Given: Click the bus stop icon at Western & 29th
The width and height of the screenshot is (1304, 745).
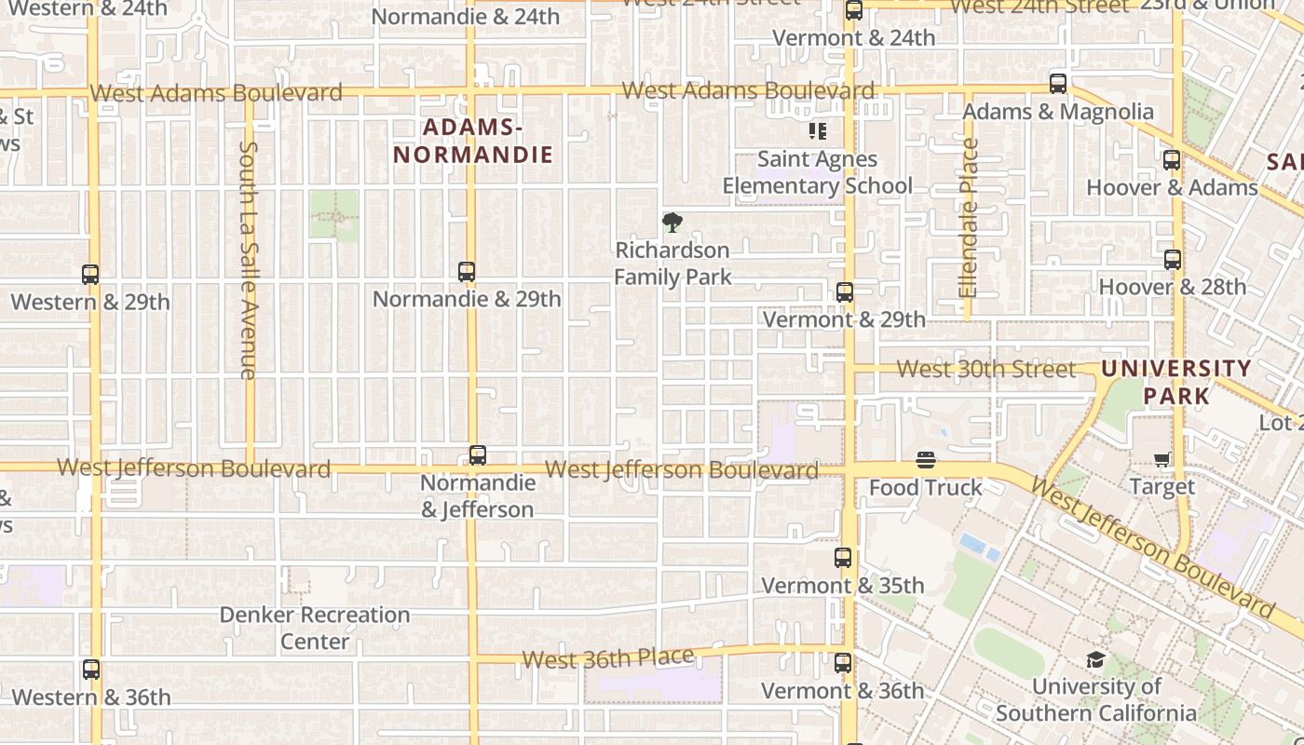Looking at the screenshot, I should click(90, 275).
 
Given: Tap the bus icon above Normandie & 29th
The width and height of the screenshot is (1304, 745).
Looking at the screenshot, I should click(467, 272).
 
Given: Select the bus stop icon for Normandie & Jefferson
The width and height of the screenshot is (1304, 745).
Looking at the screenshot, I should click(478, 455).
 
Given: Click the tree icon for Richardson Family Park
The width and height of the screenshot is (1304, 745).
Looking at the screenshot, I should click(672, 223).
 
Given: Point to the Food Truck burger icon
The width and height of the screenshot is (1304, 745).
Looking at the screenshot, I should click(926, 460).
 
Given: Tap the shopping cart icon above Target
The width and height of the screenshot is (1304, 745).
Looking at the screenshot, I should click(1162, 459).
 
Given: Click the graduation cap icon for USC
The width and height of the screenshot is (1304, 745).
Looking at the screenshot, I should click(1095, 660).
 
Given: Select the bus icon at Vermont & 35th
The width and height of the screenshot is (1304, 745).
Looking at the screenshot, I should click(843, 558).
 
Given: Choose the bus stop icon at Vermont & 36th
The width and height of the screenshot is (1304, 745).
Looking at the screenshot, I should click(843, 663).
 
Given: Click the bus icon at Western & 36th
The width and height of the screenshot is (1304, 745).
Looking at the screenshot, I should click(91, 670).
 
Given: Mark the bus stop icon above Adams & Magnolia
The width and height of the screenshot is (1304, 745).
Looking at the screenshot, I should click(1058, 84).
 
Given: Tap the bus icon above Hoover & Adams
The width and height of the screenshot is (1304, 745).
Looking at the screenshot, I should click(1172, 160).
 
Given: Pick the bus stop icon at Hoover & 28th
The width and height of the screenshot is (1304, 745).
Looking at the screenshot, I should click(1173, 260).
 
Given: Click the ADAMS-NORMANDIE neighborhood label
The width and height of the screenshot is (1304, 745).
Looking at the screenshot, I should click(473, 141).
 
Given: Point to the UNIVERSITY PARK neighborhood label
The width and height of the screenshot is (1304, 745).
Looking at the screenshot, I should click(1175, 382).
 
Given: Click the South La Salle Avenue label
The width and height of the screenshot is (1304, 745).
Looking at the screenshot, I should click(248, 260).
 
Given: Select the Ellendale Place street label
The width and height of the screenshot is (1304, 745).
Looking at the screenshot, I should click(970, 218).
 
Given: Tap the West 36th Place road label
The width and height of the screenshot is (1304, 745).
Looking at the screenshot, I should click(608, 658).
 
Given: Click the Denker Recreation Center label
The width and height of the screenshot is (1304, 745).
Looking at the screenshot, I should click(315, 628).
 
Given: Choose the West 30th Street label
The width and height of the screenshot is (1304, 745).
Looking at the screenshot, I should click(985, 369).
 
